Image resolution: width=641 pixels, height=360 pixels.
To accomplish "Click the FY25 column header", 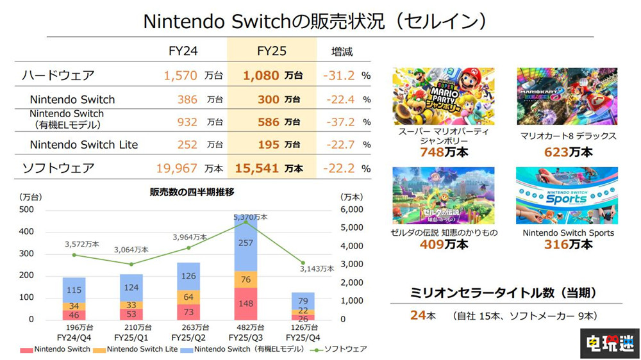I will tap(272, 51).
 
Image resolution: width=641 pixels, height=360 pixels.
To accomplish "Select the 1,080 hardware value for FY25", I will tap(261, 76).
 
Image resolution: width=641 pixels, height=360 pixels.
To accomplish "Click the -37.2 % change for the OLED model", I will tap(338, 122).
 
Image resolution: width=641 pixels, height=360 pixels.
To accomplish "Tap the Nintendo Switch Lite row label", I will tap(84, 145).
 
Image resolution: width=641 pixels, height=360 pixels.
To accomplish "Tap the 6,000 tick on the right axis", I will tap(351, 209).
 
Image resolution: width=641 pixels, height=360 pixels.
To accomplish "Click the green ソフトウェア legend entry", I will tap(340, 349).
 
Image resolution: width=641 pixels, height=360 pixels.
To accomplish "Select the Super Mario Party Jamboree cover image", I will tap(443, 97).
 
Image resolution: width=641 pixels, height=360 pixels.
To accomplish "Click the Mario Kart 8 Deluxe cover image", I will tap(567, 97).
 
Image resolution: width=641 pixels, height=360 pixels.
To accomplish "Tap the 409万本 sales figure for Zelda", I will tap(444, 244).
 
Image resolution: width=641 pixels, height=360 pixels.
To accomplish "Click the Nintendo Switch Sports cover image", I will tap(567, 195).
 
